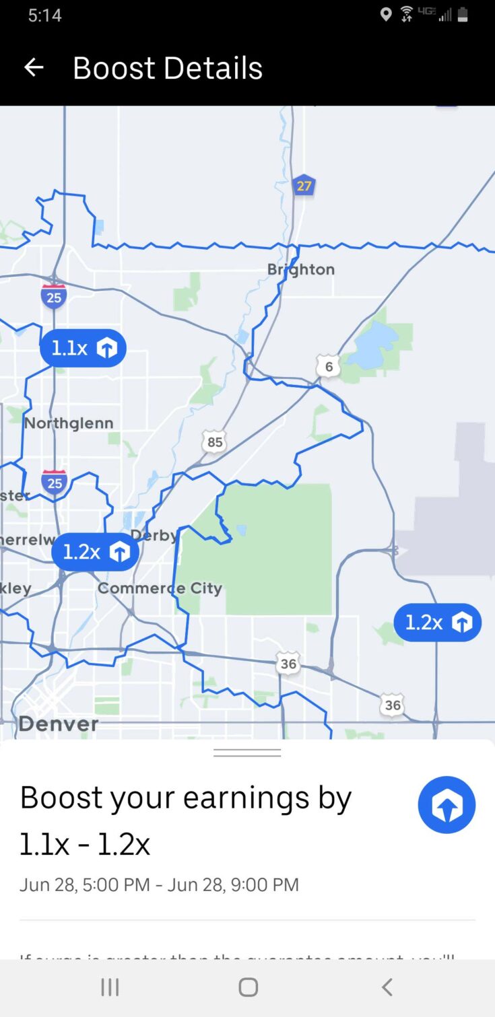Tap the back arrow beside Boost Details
coord(33,67)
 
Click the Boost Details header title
coord(167,68)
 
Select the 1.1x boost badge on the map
coord(83,348)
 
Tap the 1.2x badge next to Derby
coord(95,552)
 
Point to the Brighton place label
coord(300,269)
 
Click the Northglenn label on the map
coord(69,423)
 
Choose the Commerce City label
coord(160,588)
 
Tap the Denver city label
coord(59,724)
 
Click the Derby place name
coord(154,535)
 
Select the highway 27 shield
coord(304,185)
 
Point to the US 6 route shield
coord(329,366)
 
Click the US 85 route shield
coord(214,442)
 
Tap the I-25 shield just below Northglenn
coord(54,483)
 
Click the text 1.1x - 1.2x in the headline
coord(85,844)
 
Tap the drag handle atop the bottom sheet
coord(247,752)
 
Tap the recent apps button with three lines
coord(110,987)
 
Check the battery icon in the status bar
coord(463,15)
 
